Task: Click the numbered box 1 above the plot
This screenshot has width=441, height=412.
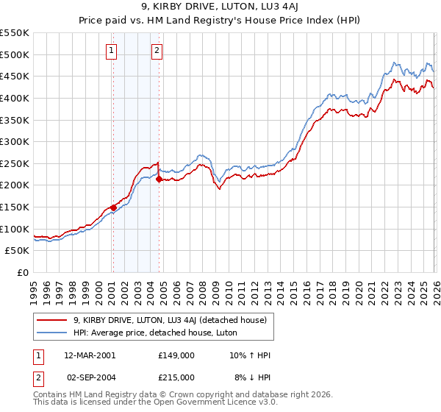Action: pos(111,51)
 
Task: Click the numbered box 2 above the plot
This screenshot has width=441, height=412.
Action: pos(157,51)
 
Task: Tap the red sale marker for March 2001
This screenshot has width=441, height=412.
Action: pos(113,207)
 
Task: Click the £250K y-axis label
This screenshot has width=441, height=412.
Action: pos(15,163)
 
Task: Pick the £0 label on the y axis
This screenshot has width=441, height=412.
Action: pos(23,272)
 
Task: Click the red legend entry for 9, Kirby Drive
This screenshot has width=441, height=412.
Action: pos(174,319)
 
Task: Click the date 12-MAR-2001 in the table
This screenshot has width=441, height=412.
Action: pos(90,355)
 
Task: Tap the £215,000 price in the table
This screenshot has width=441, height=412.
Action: pos(176,377)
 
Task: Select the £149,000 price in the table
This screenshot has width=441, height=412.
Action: pos(176,355)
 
